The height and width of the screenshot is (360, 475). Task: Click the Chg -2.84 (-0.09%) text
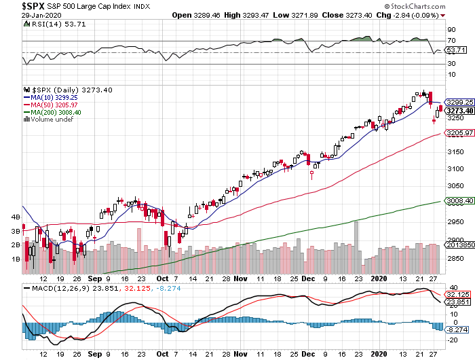[410, 15]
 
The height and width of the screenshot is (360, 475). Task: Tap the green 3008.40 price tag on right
[458, 201]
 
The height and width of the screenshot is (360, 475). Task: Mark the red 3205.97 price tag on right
[458, 133]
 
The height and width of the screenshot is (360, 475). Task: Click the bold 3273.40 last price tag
[458, 111]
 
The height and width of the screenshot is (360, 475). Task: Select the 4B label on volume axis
[14, 217]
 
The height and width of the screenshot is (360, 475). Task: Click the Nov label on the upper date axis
[240, 278]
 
